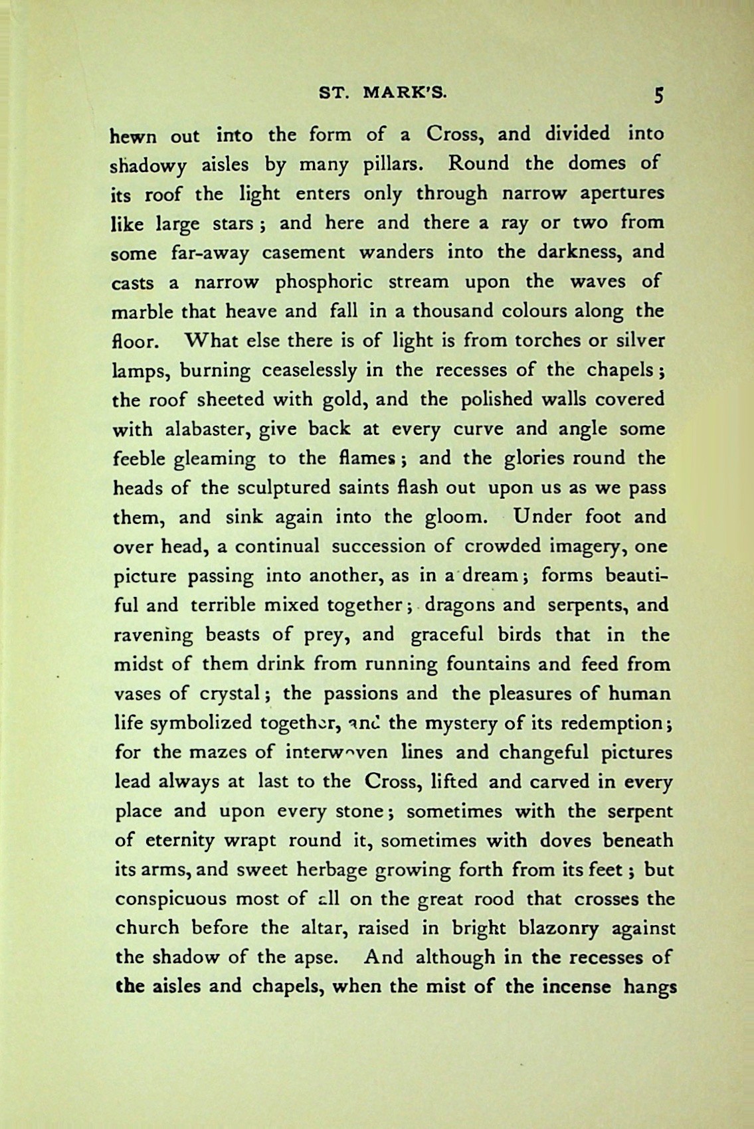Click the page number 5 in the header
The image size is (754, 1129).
click(657, 96)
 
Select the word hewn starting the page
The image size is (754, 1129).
click(133, 135)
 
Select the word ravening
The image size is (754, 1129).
click(154, 636)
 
